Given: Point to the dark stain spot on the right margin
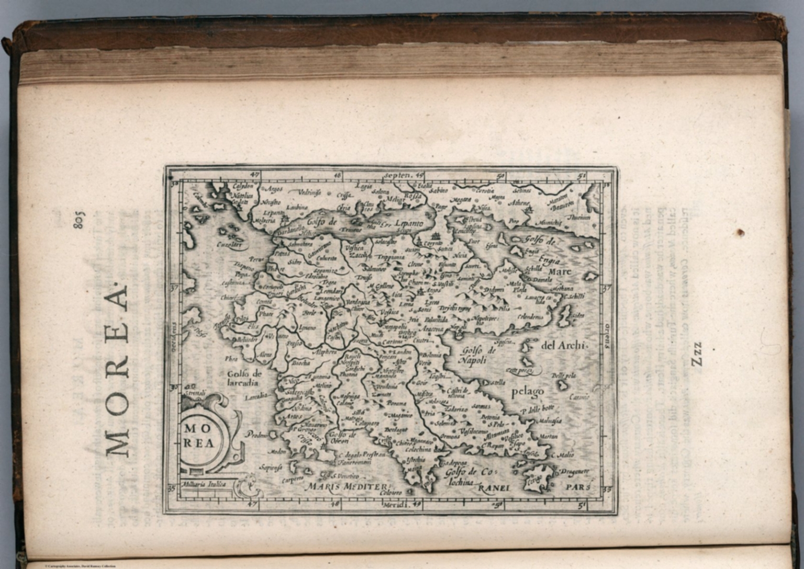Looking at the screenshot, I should pos(740,232).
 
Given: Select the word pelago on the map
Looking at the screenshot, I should pos(527,391).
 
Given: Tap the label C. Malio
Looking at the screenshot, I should pos(564,455).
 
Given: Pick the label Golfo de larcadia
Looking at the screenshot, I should pos(243,378).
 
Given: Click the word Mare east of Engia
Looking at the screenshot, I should pos(560,271).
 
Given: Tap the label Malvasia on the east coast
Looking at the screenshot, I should pos(550,420).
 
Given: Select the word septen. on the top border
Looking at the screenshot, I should pos(399,175).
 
